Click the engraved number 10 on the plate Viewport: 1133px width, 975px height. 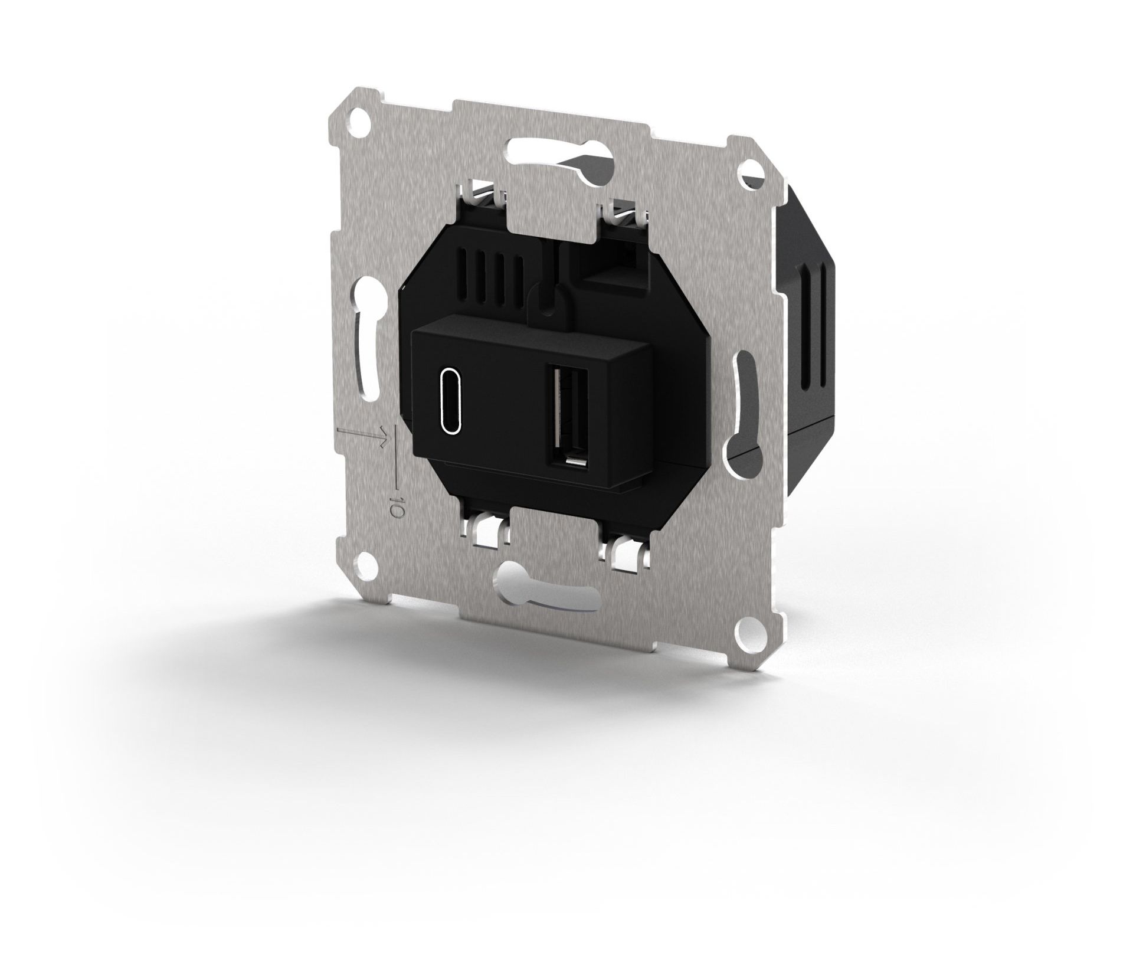[396, 508]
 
